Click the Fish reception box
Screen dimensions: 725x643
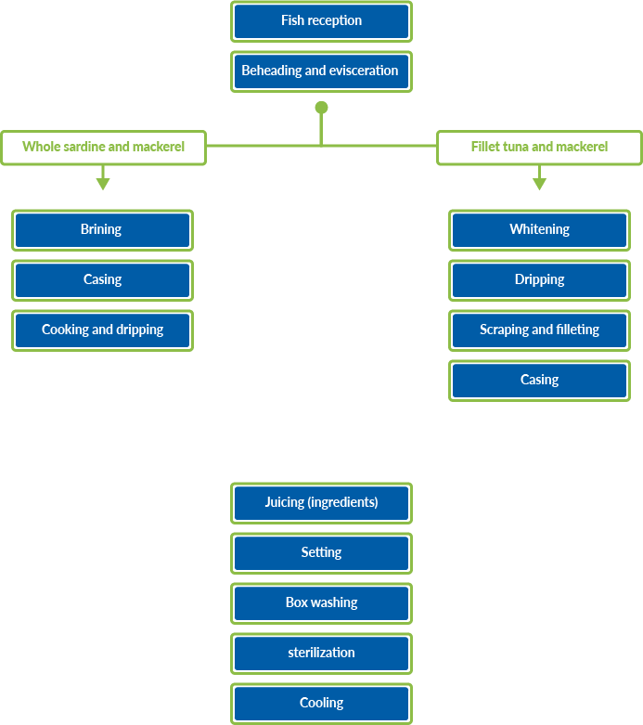coord(321,20)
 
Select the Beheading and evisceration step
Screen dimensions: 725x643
coord(321,71)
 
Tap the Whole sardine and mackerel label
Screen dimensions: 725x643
coord(103,147)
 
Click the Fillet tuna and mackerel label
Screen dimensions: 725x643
coord(539,147)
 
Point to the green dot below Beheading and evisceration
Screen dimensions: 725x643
coord(321,108)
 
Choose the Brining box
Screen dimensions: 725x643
coord(102,229)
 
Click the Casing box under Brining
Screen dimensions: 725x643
coord(102,279)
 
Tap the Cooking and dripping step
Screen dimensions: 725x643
coord(102,330)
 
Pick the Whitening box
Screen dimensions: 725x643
coord(539,229)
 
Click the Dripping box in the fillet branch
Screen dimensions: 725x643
coord(539,279)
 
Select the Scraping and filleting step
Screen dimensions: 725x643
coord(539,330)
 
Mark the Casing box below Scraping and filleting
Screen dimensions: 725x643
coord(539,380)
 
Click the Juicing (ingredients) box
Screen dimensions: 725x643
coord(321,502)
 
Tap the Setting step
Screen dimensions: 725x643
coord(321,552)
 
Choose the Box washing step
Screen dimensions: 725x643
coord(321,602)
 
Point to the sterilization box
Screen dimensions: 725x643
coord(321,653)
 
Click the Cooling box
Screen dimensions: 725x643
coord(321,703)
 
